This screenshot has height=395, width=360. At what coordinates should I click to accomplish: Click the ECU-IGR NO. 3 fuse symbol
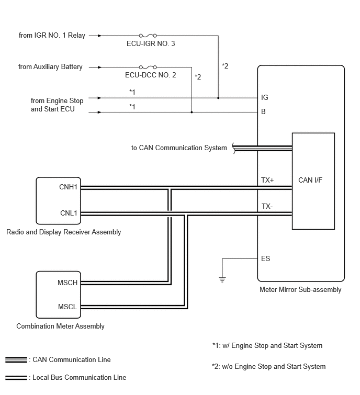pos(148,36)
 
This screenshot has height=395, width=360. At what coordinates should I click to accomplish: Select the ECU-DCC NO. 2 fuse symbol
pos(148,67)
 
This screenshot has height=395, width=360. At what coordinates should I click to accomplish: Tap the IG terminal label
pos(265,97)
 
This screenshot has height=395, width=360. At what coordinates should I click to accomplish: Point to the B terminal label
pos(263,111)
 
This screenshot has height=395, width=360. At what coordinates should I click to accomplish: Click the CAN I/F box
pos(313,181)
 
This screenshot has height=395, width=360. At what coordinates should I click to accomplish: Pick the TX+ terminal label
pos(267,180)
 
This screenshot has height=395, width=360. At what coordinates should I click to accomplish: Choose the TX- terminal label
pos(267,206)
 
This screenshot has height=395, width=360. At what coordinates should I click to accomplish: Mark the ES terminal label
pos(265,258)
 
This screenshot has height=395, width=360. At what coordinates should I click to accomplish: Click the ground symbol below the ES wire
pos(222,279)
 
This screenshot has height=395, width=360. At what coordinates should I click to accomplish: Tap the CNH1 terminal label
pos(68,187)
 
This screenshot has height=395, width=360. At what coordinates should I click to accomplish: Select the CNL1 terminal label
pos(69,213)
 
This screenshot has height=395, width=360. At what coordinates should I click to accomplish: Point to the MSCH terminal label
pos(67,283)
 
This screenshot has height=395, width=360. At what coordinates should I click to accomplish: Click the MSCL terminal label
pos(67,307)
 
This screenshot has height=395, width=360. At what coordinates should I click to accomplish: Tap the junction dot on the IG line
pos(218,98)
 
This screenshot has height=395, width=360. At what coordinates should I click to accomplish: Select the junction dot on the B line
pos(192,112)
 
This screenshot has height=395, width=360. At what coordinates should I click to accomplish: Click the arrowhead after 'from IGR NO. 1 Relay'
pos(100,36)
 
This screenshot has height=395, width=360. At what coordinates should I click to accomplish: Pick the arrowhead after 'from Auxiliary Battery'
pos(100,67)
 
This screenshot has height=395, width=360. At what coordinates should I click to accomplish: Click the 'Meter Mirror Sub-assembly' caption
pos(300,290)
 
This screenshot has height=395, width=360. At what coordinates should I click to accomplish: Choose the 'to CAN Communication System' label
pos(179,148)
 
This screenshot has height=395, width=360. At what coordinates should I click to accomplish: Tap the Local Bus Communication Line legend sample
pos(16,378)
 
